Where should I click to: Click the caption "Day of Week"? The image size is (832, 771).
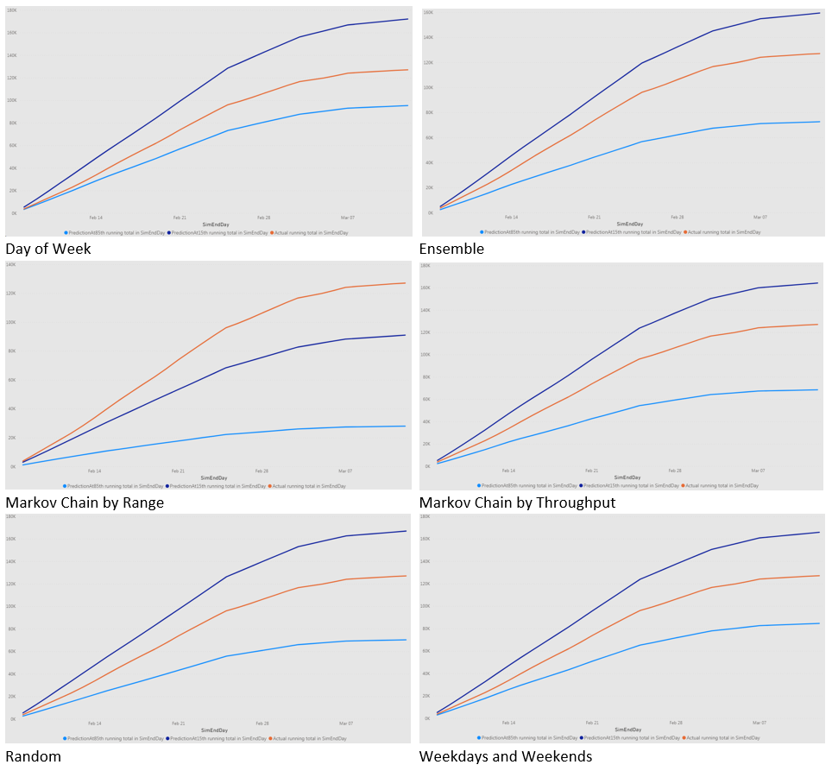pos(48,250)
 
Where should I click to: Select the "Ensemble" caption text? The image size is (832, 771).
pos(452,250)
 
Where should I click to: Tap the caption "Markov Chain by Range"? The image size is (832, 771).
pos(85,502)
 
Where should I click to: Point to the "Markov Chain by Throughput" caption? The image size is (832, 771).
pos(518,502)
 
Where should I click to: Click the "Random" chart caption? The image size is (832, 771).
pos(34,756)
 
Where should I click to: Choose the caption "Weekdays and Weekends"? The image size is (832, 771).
pos(506,756)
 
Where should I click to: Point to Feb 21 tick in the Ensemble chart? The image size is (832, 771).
pos(594,218)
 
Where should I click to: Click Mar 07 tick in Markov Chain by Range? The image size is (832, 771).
pos(345,471)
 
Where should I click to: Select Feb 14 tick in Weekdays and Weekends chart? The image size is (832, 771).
pos(509,724)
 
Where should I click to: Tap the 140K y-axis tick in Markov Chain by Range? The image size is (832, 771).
pos(11,264)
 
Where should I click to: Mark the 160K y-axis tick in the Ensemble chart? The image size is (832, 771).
pos(427,13)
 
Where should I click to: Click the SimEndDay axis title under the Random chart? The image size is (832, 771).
pos(213,730)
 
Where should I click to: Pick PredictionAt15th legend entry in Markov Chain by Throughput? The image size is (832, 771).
pos(629,486)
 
